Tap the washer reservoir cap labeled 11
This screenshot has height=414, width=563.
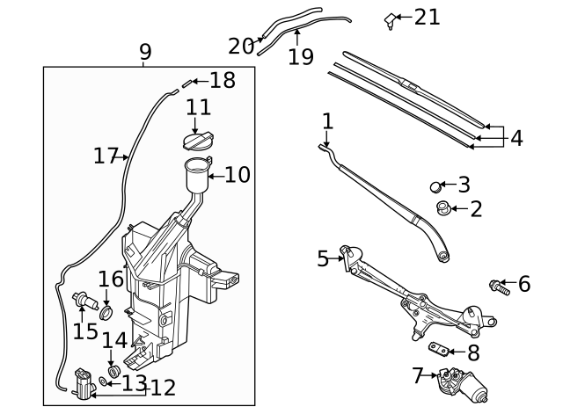[198, 141]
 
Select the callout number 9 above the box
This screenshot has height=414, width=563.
[145, 52]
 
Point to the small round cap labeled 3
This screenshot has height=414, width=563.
[436, 185]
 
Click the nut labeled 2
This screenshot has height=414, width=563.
[444, 208]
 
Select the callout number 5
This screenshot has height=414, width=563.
[323, 258]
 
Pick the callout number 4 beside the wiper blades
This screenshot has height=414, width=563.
[516, 138]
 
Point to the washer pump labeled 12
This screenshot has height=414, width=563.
[85, 383]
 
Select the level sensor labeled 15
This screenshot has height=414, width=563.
[86, 301]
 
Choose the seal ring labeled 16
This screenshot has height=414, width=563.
[106, 312]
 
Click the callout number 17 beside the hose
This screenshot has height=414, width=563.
[106, 156]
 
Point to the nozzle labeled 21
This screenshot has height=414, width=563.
[390, 19]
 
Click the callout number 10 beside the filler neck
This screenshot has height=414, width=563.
[238, 174]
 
